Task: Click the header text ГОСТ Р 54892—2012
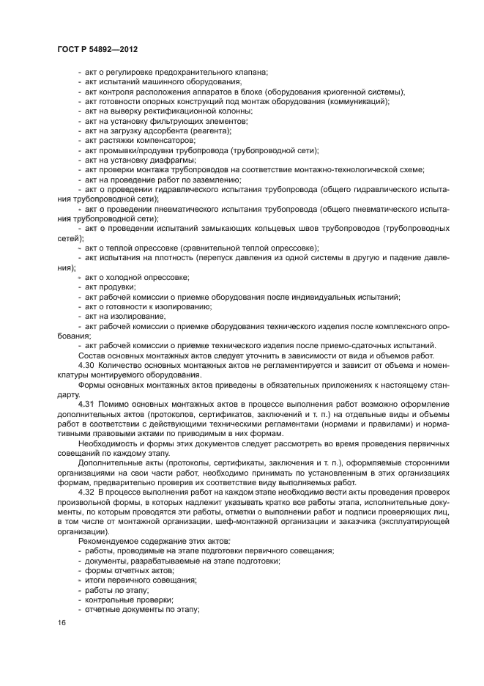click(97, 48)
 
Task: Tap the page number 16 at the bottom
click(62, 623)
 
